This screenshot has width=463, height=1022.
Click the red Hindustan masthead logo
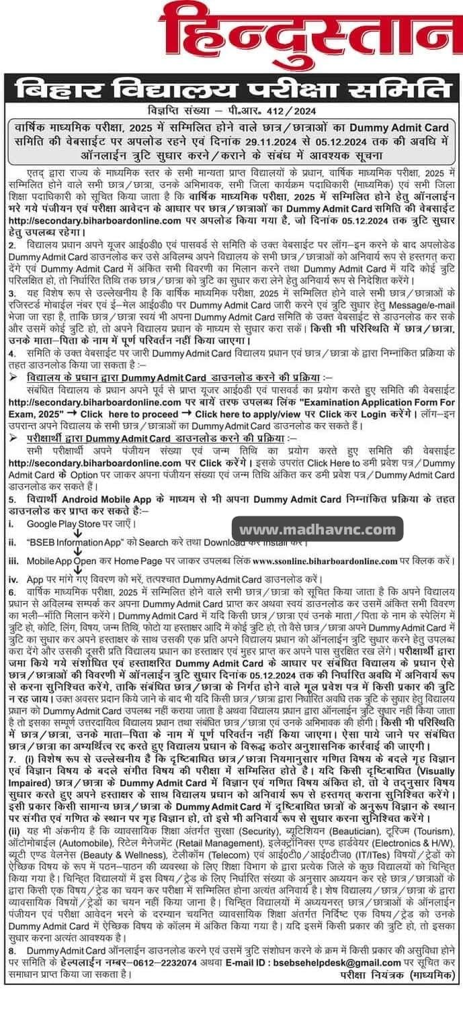[x=231, y=37]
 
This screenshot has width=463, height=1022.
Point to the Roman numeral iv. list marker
[x=12, y=577]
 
